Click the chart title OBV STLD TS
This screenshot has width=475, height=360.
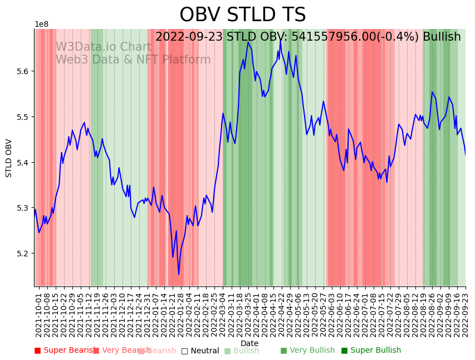coord(242,15)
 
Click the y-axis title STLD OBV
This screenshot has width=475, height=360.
coord(9,158)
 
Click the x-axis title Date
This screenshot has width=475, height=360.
coord(249,343)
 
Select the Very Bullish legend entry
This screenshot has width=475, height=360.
coord(307,351)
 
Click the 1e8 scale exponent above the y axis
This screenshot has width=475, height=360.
coord(41,25)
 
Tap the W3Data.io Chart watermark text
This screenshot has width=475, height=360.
coord(103,47)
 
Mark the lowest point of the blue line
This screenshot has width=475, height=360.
coord(179,274)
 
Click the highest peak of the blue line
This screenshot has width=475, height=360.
coord(281,39)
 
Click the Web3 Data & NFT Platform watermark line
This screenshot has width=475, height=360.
coord(133,60)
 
